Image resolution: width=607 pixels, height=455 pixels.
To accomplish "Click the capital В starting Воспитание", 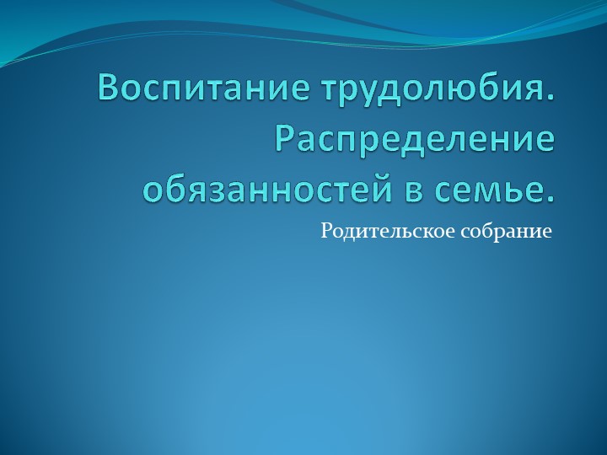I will click(x=109, y=88).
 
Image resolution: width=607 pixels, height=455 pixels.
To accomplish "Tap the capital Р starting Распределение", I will click(x=287, y=138).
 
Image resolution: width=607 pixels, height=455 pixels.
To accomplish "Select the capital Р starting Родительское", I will click(x=325, y=229).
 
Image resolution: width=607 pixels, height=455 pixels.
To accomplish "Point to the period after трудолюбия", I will click(x=551, y=97).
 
